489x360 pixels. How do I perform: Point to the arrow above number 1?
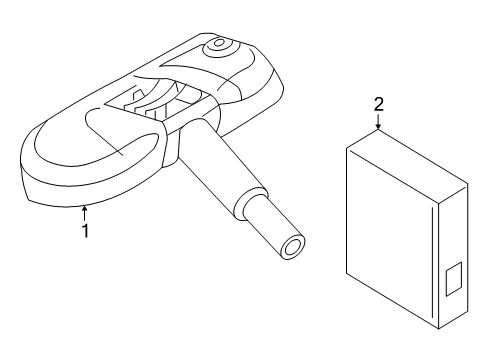[x=85, y=212]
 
